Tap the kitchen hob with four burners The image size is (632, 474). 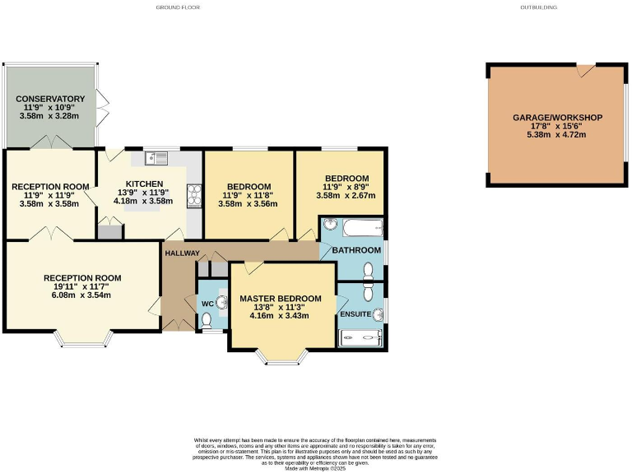195,195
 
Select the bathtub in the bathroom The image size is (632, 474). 362,226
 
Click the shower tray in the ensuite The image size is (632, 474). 361,337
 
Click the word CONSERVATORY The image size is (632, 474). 50,99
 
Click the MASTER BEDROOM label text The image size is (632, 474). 280,298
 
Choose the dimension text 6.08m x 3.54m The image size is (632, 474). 81,295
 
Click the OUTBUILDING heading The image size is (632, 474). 538,7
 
